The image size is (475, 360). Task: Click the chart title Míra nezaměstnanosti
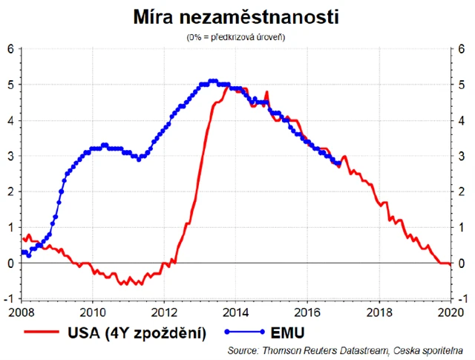click(236, 16)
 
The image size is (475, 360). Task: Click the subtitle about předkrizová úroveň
click(237, 36)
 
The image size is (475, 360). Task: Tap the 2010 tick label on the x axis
click(93, 310)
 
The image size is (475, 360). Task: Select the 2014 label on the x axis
click(236, 310)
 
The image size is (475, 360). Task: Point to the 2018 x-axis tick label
click(380, 310)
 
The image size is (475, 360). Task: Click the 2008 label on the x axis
click(22, 310)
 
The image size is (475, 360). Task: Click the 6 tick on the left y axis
click(11, 49)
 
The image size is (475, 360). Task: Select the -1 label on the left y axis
click(10, 298)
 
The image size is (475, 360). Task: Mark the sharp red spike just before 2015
click(266, 92)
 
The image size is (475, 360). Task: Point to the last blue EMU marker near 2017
click(339, 163)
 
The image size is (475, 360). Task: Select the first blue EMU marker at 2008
click(22, 252)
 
